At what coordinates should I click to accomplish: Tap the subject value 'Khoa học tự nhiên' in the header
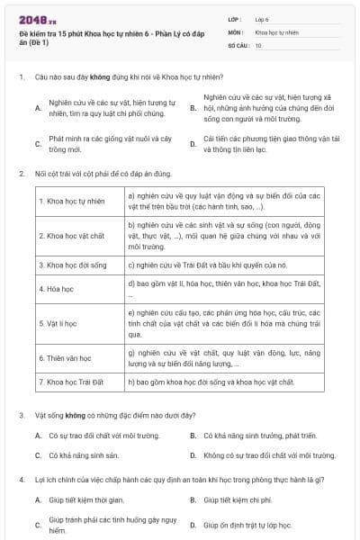(275, 31)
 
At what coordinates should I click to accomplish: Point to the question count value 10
(258, 44)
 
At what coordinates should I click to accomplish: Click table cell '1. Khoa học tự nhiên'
(73, 200)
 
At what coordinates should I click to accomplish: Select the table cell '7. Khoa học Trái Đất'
(73, 382)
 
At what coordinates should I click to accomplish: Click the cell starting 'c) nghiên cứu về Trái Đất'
(207, 265)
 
